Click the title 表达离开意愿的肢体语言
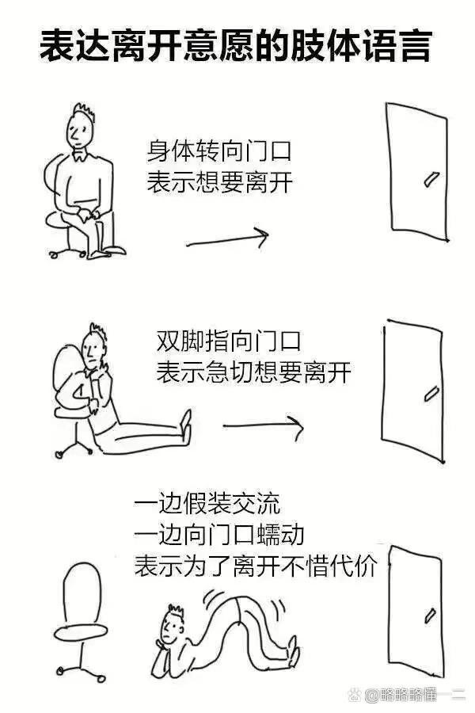point(235,45)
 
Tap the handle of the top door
point(431,179)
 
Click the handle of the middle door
point(431,394)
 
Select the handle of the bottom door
point(430,616)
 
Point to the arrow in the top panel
point(227,238)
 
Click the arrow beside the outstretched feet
point(263,426)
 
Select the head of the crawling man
point(172,625)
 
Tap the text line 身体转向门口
point(218,151)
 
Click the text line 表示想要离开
point(219,182)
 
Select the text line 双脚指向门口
point(228,341)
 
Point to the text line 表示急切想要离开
point(253,372)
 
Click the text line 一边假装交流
point(207,503)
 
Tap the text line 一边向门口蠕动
point(219,534)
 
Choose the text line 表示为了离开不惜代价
point(256,566)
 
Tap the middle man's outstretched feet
point(186,426)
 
